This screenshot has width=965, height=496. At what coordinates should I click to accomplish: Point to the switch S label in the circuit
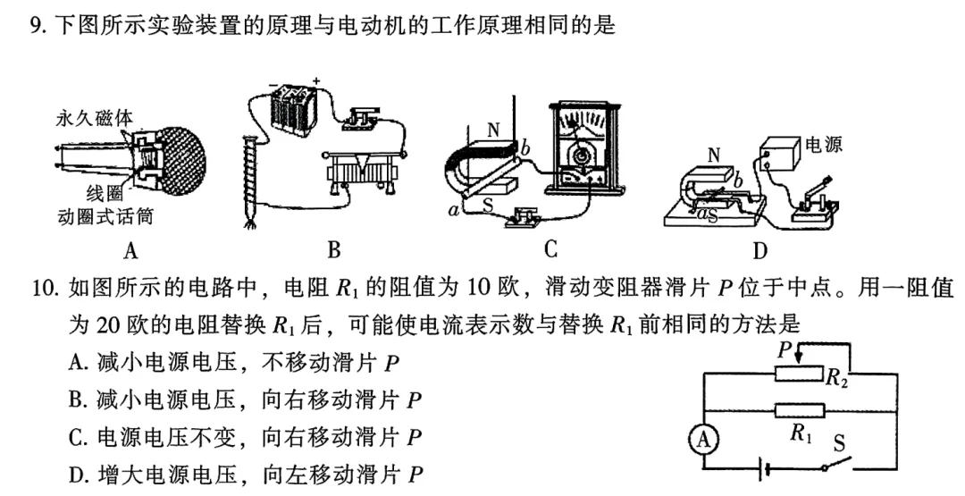(x=839, y=441)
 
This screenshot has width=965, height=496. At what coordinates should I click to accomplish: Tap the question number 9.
(x=38, y=26)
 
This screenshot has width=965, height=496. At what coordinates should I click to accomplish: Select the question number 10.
(x=44, y=288)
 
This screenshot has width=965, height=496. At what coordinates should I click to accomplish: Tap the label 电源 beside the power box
(x=823, y=145)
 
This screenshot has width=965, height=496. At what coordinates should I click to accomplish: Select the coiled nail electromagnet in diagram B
(x=249, y=179)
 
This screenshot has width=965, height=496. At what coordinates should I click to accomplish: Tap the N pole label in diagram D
(x=713, y=155)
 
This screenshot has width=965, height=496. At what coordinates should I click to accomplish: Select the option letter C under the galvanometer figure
(x=551, y=249)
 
